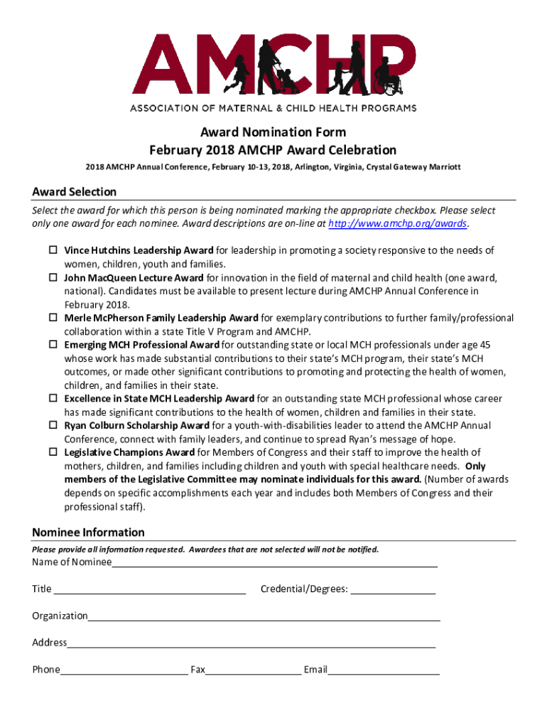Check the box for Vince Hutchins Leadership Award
[53, 250]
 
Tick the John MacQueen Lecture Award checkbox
[53, 277]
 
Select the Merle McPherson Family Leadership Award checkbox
[53, 318]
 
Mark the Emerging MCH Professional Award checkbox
[53, 345]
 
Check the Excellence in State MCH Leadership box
[53, 399]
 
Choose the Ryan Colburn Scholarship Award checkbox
[53, 425]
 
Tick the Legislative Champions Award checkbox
[53, 452]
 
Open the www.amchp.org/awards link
[399, 223]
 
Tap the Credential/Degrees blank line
[393, 589]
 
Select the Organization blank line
[264, 616]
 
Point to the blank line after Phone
[124, 670]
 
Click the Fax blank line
[253, 670]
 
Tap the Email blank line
[383, 670]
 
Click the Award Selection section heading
[75, 192]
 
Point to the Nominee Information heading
[89, 532]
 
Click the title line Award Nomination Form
[273, 132]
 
